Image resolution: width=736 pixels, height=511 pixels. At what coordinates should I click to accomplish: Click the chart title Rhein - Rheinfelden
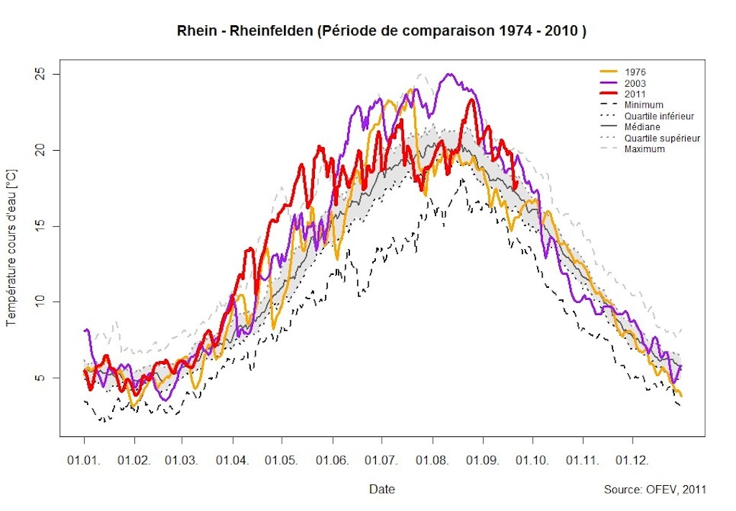point(382,32)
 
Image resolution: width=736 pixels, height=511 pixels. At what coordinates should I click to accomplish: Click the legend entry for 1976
point(635,72)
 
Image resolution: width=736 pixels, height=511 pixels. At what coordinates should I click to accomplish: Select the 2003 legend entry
point(635,83)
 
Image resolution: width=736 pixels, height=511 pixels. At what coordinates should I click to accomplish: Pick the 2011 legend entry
point(635,94)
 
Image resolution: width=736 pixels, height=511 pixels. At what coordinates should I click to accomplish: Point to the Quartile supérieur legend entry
point(662,138)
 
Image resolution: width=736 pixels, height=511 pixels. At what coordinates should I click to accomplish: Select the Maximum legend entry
point(645,149)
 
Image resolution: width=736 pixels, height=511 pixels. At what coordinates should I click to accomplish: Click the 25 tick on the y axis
point(40,75)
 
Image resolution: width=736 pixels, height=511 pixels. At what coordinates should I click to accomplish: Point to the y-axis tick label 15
point(40,226)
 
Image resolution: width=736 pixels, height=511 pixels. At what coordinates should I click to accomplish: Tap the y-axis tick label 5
point(40,378)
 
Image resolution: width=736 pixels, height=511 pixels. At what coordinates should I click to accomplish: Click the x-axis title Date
point(382,489)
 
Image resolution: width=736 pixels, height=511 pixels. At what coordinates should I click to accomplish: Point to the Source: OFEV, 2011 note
point(655,489)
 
